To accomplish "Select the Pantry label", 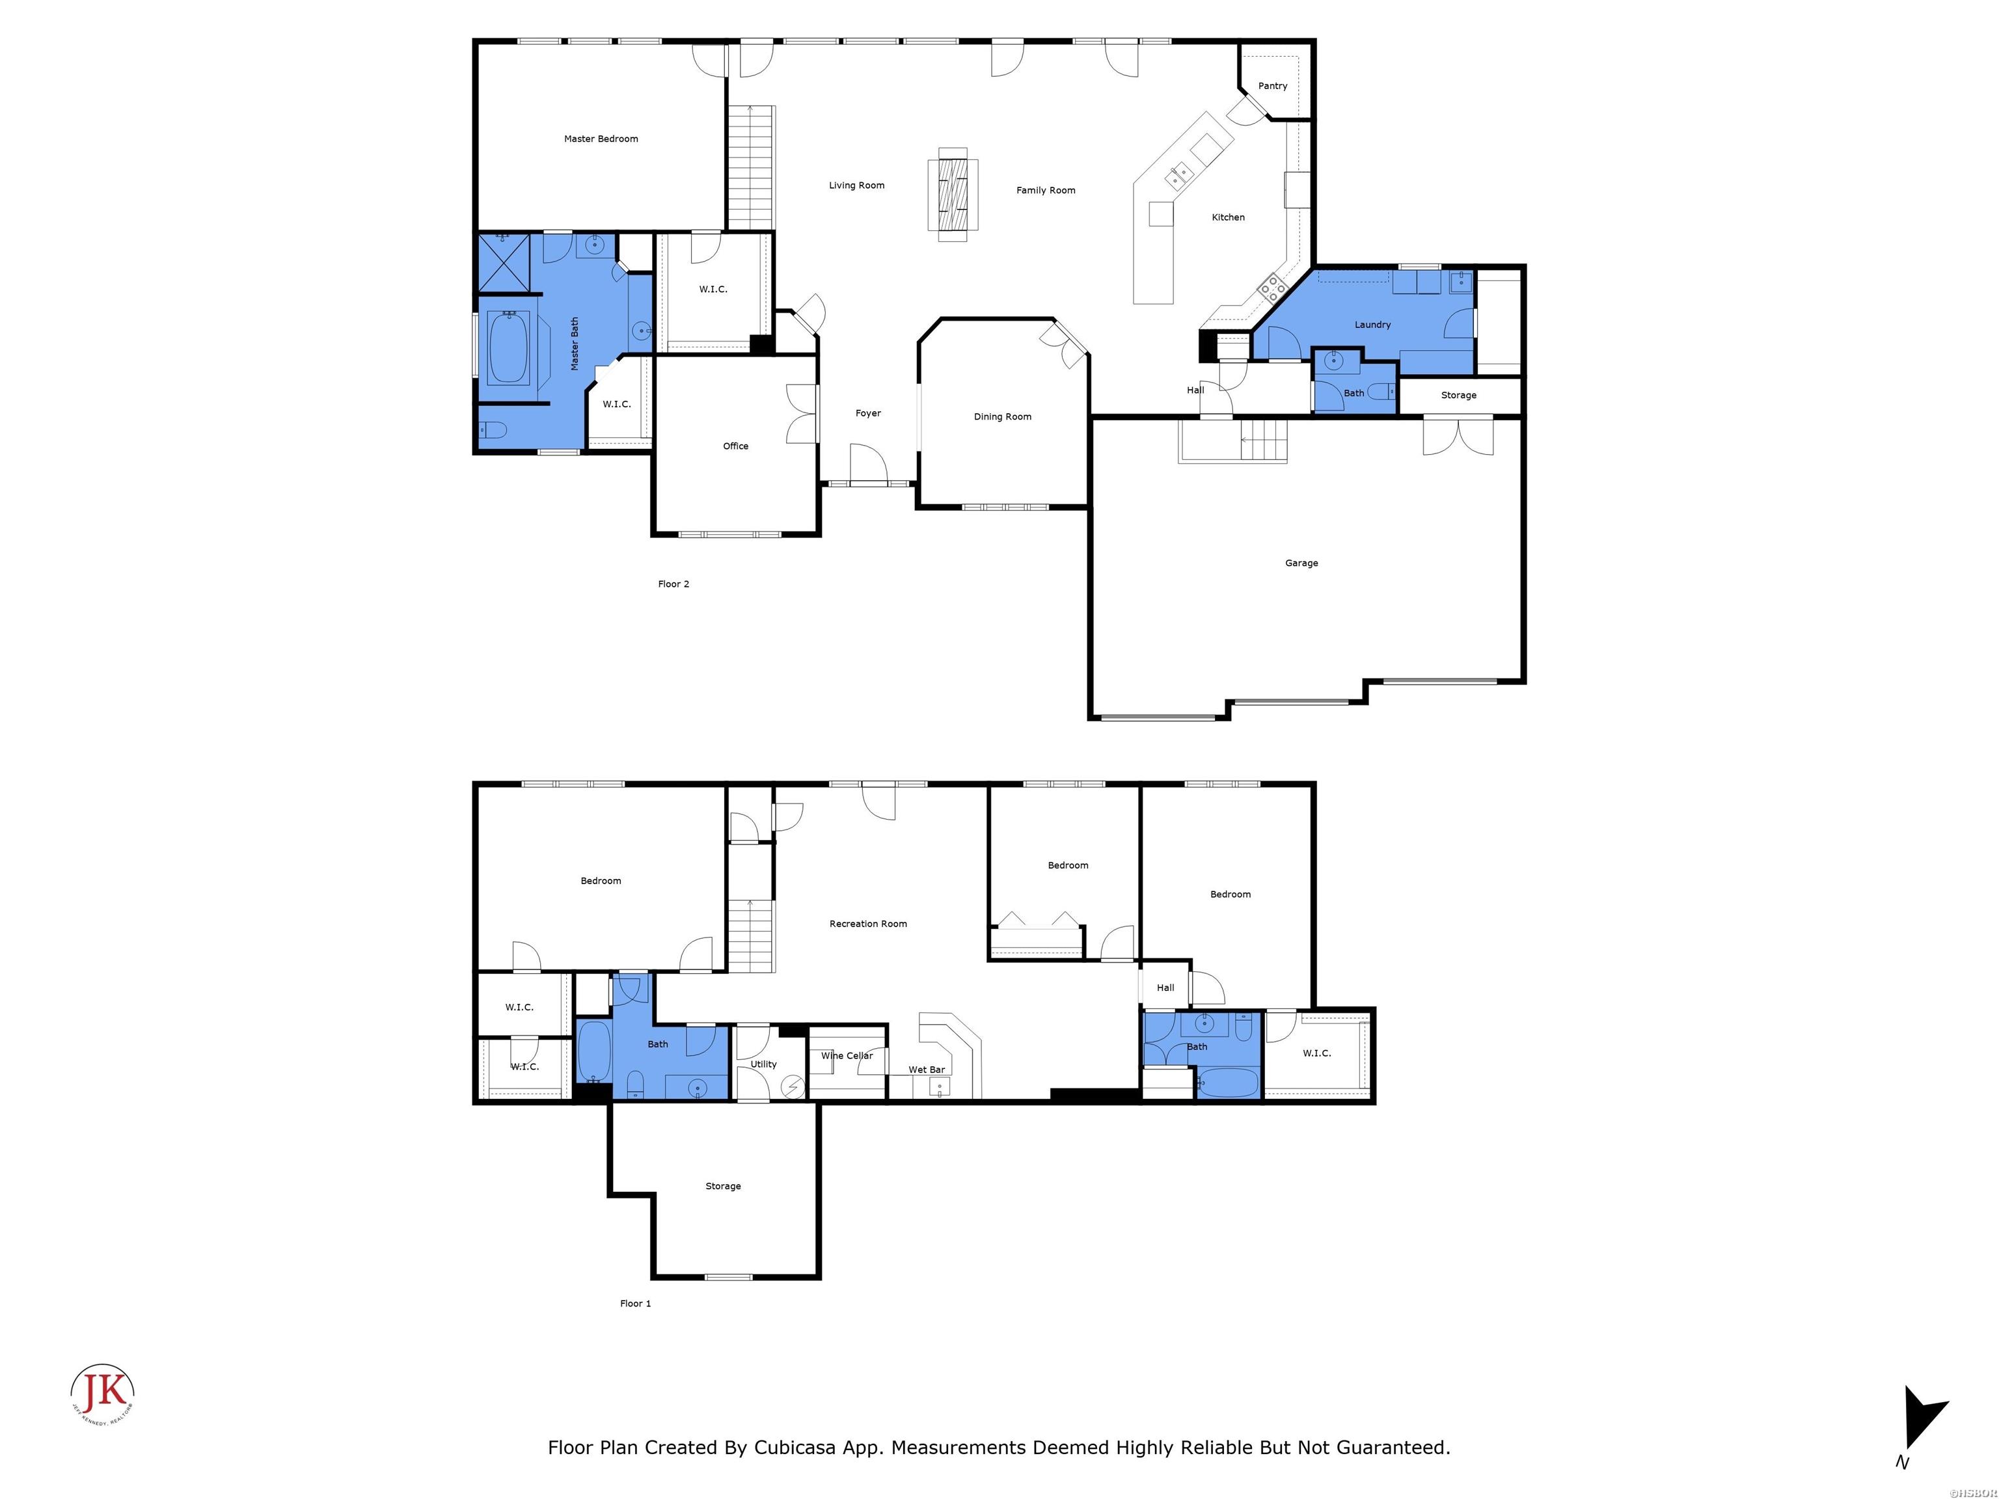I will [1272, 87].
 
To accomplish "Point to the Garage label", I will [1301, 563].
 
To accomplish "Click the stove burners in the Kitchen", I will [1272, 288].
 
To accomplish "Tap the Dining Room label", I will [1002, 416].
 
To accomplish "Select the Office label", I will [735, 446].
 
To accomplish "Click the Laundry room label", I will [1372, 325].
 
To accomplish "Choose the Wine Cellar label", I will [847, 1055].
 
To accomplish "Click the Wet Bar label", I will [927, 1070].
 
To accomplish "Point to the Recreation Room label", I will [867, 923].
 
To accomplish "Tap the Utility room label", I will [764, 1064].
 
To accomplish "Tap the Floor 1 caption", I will [635, 1304].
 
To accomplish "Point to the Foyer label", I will [867, 414].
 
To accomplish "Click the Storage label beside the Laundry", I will [1459, 396].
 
